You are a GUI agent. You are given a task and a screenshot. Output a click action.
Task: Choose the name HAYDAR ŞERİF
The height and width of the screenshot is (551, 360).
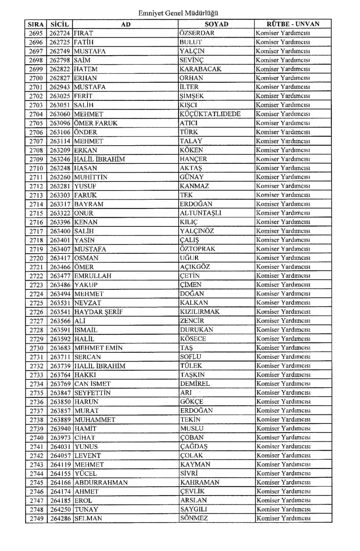click(x=98, y=312)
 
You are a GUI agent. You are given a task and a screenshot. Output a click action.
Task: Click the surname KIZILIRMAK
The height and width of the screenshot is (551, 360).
click(x=200, y=312)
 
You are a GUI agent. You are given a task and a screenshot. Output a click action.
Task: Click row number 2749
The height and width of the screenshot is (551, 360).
click(x=36, y=519)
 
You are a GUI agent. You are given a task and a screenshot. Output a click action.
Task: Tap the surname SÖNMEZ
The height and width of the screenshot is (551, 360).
click(x=194, y=519)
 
